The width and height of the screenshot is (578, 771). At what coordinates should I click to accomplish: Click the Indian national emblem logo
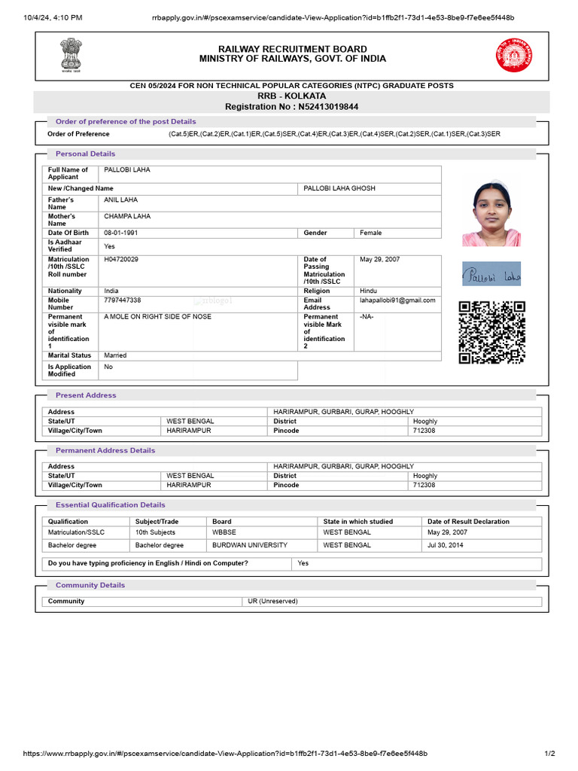coord(69,54)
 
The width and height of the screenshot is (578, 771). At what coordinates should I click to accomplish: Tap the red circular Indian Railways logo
coord(513,55)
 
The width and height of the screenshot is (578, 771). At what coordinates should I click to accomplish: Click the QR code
coord(491,332)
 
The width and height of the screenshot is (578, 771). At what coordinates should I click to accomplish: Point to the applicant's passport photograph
coord(491,213)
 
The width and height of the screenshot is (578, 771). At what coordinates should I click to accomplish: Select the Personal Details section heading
coord(85,154)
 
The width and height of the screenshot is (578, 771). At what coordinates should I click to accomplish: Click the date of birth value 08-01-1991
coord(121,233)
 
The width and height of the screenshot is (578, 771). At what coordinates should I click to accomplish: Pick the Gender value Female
coord(371,233)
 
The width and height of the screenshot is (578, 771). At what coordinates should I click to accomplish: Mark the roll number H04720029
coord(121,260)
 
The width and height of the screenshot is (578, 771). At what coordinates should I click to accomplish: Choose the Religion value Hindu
coord(369,291)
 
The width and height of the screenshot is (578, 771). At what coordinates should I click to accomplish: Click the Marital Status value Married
coord(116,355)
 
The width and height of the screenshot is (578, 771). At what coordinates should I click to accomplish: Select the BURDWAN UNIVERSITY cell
coord(250,544)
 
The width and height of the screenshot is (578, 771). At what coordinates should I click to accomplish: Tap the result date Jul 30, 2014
coord(444,544)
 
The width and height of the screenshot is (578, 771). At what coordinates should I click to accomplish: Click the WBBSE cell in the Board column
coord(224,532)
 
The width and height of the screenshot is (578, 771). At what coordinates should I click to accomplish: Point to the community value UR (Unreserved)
coord(272,602)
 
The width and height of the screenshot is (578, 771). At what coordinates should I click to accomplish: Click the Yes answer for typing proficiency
coord(303,563)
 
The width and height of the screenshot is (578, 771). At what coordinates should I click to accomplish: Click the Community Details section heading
coord(90,585)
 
